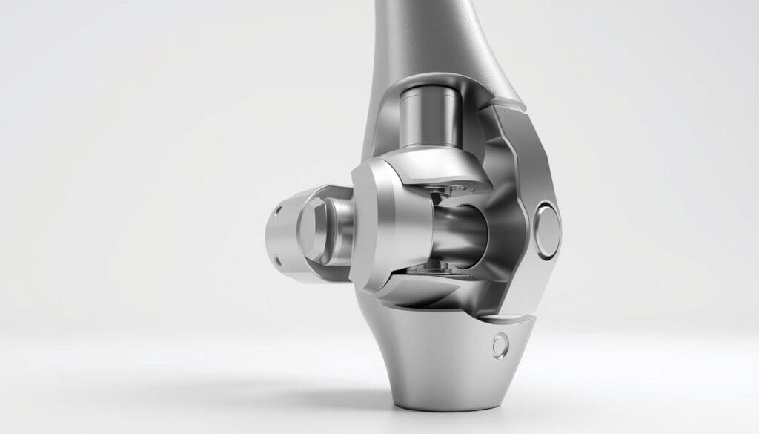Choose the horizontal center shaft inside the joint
(460, 233)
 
